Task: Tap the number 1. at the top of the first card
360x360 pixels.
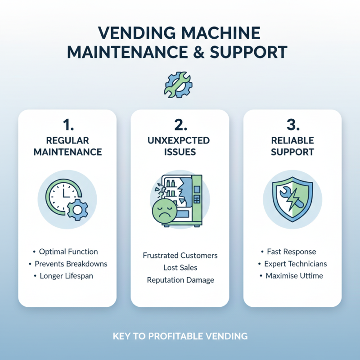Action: [x=67, y=125]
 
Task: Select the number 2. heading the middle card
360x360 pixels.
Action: [x=180, y=125]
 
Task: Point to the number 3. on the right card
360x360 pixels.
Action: [x=292, y=125]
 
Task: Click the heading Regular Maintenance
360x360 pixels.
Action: [x=67, y=146]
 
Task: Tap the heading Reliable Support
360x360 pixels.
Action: [x=292, y=146]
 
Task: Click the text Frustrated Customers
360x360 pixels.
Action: [x=180, y=256]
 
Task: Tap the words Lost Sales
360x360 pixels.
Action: [x=180, y=268]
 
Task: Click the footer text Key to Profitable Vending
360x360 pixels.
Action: [x=180, y=336]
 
